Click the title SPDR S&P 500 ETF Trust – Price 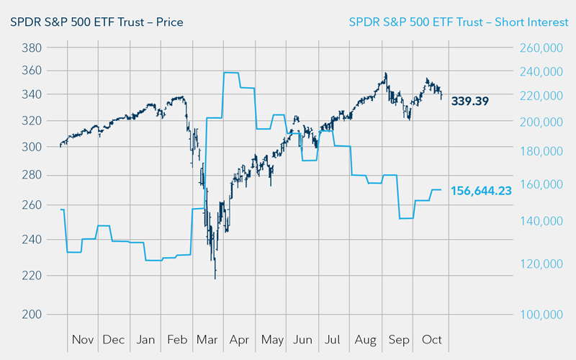click(x=96, y=22)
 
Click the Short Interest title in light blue click(x=458, y=22)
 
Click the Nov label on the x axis click(x=84, y=339)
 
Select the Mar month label click(x=208, y=339)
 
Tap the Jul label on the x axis click(x=333, y=339)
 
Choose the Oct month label click(x=432, y=339)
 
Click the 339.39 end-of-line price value click(x=470, y=101)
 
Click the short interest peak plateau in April click(x=231, y=73)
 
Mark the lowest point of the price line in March click(x=215, y=278)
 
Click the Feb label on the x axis click(x=176, y=339)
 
